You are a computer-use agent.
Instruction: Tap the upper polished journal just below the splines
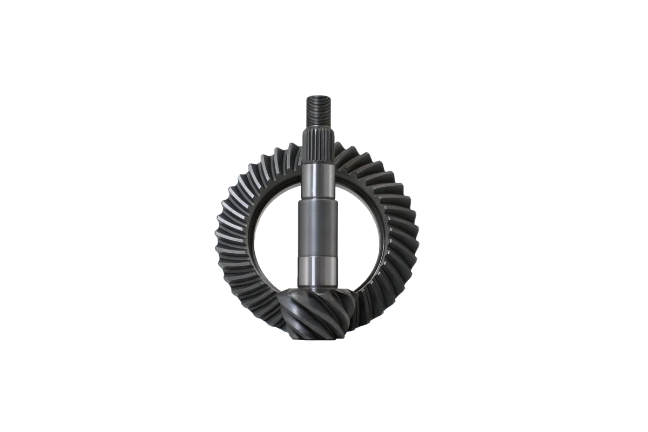[x=315, y=181]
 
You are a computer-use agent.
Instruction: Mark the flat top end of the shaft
[x=315, y=95]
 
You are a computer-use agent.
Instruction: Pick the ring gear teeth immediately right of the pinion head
[x=362, y=310]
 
